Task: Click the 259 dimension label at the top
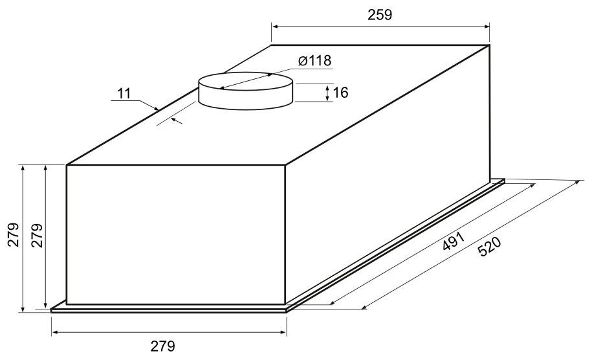click(x=380, y=15)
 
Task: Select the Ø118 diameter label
click(x=314, y=60)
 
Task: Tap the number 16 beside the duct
click(x=340, y=93)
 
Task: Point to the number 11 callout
click(x=124, y=93)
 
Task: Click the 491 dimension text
click(x=453, y=242)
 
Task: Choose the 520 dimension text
click(x=489, y=246)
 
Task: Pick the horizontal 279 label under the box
click(x=163, y=346)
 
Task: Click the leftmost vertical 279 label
click(x=14, y=234)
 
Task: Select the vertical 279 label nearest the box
click(x=37, y=235)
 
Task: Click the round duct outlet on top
click(x=245, y=91)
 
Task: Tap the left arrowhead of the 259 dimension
click(x=275, y=27)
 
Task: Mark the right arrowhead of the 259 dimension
click(x=486, y=27)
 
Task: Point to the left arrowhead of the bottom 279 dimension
click(x=55, y=332)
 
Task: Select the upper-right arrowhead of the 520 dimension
click(x=577, y=183)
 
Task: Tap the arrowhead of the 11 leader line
click(x=157, y=108)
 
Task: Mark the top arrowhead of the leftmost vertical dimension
click(x=23, y=169)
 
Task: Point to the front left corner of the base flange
click(x=51, y=311)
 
